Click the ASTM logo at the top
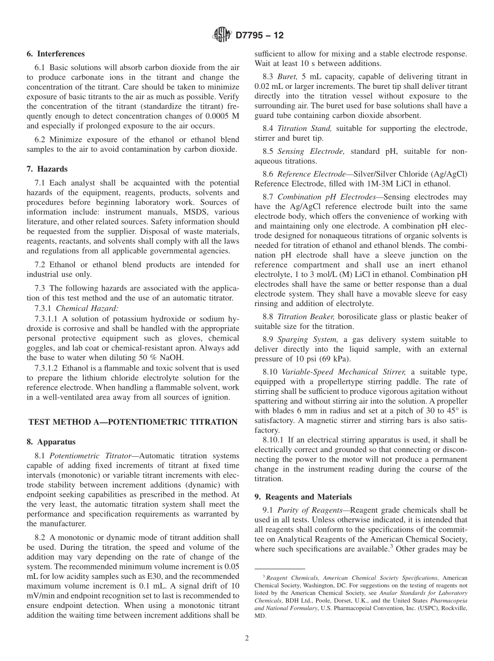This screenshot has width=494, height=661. pyautogui.click(x=222, y=35)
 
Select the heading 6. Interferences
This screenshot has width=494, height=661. pyautogui.click(x=56, y=54)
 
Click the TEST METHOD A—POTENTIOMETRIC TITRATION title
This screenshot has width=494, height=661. pyautogui.click(x=133, y=422)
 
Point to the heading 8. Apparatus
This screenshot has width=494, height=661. pyautogui.click(x=51, y=442)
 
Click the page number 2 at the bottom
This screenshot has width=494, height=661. pyautogui.click(x=247, y=639)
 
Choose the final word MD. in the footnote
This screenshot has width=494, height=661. pyautogui.click(x=260, y=616)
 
